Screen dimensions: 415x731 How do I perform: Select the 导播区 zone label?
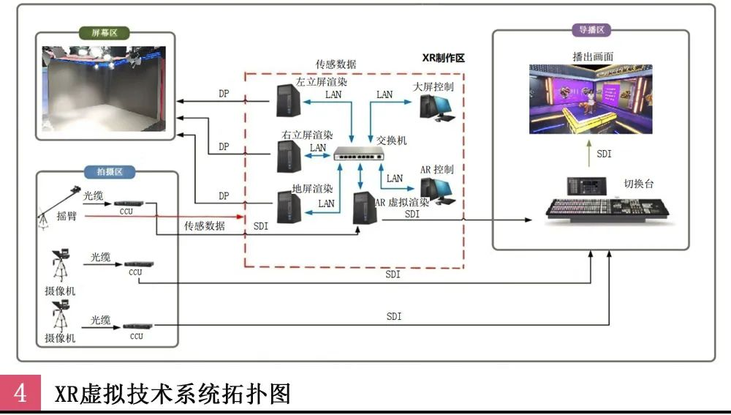591,30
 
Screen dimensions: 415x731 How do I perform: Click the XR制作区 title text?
444,58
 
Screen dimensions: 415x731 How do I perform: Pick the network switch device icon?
360,154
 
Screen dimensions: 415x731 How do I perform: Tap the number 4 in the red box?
21,394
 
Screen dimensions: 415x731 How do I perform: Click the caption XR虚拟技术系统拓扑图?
173,394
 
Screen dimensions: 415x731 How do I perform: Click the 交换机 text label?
392,139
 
